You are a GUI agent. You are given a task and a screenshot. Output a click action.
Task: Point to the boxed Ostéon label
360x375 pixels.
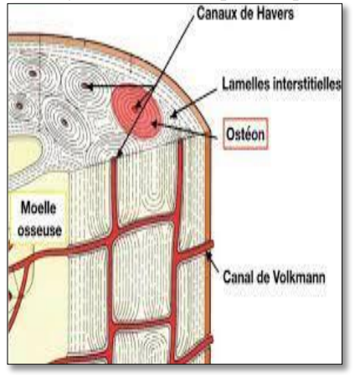245,134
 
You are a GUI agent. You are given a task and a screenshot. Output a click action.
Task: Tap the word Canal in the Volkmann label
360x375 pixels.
238,277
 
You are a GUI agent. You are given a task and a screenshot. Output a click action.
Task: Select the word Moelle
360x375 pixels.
39,208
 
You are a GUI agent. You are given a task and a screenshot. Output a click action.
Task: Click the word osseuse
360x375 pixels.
39,230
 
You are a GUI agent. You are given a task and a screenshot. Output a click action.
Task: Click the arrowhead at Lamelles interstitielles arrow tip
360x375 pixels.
173,114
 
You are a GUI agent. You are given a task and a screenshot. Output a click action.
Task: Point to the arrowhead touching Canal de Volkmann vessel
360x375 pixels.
208,254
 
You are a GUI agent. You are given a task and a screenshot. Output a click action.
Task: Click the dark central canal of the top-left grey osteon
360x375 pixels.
33,74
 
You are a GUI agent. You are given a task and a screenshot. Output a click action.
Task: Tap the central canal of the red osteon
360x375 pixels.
136,106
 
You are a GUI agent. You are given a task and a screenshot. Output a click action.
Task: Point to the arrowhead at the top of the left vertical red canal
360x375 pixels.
120,153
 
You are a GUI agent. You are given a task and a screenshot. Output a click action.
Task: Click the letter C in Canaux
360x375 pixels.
200,13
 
